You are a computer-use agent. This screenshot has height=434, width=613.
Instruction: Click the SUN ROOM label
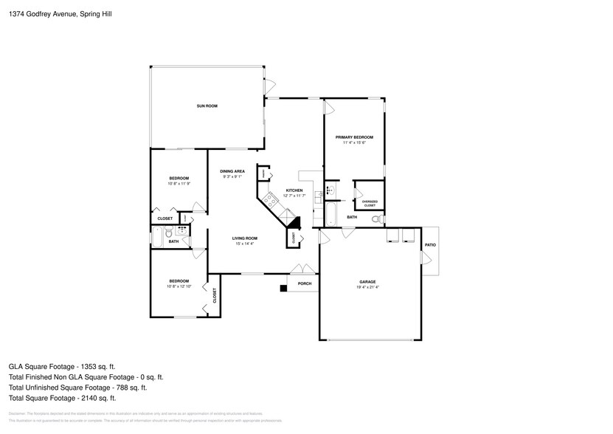207,106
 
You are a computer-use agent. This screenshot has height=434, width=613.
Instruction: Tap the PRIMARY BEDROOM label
354,137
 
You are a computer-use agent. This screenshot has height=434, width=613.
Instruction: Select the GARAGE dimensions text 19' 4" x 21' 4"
368,288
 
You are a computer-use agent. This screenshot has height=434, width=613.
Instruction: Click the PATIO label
429,244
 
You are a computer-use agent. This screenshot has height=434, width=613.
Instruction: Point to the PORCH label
304,283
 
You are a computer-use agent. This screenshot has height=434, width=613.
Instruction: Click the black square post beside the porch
283,287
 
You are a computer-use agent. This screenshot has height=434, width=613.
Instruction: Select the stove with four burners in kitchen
271,199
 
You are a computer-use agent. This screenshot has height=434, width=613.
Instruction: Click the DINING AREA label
232,171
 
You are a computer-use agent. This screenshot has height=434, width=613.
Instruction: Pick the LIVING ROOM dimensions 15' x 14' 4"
245,244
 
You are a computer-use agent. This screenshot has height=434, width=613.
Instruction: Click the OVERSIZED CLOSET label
369,203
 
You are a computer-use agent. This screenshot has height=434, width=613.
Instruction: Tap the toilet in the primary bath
376,218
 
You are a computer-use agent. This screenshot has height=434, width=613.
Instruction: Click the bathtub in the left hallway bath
157,238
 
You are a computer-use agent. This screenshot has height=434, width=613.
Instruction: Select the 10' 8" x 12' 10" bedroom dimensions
179,286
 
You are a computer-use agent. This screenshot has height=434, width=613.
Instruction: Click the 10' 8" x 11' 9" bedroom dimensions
179,184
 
